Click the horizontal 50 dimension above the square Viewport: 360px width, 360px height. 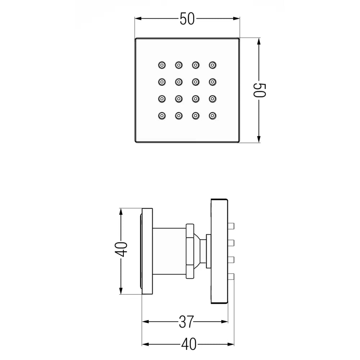point(187,19)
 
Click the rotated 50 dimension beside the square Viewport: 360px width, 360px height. point(259,90)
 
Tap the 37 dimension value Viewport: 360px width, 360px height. point(186,322)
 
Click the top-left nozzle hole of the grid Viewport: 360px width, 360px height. point(162,65)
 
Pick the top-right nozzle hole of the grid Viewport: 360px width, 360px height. point(212,65)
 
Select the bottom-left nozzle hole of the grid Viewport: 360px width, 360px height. point(162,116)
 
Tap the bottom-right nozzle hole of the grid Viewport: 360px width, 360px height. point(212,116)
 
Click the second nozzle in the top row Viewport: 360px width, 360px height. point(179,65)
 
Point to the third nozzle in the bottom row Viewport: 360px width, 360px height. point(195,116)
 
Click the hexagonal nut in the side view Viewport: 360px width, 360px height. point(190,251)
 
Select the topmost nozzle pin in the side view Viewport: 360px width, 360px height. point(231,226)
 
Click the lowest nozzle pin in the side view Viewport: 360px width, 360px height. point(231,277)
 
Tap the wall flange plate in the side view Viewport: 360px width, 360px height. point(147,251)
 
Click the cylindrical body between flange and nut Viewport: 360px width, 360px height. point(169,251)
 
